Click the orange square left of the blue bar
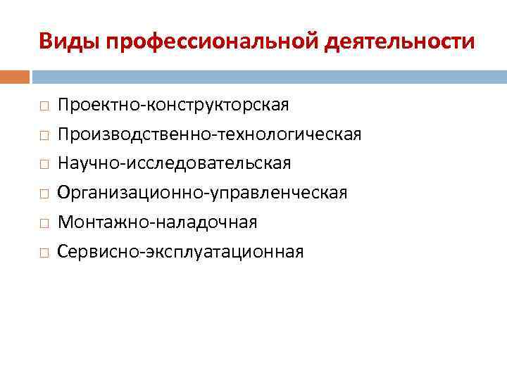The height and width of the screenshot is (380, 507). pos(15,76)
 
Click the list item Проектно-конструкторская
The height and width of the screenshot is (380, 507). pos(173,105)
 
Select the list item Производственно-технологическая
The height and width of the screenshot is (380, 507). pos(210,134)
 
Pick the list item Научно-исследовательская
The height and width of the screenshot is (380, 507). pos(174,163)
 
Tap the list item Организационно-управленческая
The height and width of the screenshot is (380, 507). pos(202,193)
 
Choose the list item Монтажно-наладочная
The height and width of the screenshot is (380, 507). pos(158,222)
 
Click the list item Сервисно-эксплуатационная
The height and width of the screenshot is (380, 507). pos(181,251)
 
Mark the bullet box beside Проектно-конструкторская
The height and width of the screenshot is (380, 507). pos(44,106)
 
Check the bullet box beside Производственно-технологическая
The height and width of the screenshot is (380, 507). pos(44,135)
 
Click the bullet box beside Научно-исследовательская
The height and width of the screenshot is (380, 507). pos(44,165)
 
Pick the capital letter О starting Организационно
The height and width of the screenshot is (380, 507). pos(64,193)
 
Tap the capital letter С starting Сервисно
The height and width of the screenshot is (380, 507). pos(63,251)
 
